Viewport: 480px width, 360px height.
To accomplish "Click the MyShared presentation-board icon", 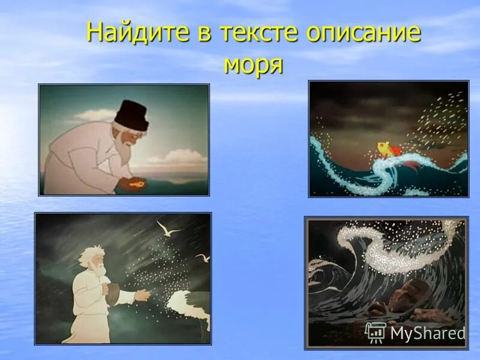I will coord(376,332).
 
